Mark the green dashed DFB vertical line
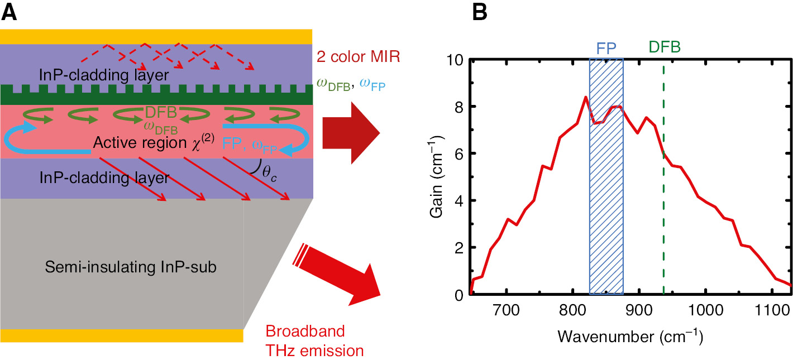click(x=663, y=223)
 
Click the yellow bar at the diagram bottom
click(x=122, y=335)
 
